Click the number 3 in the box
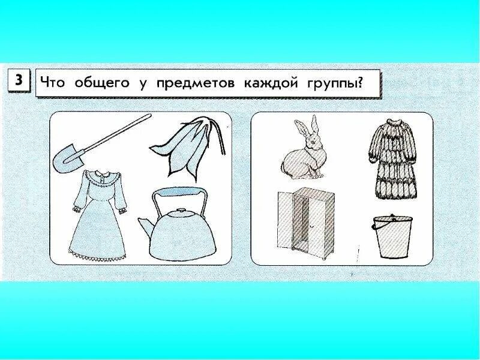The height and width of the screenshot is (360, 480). (x=19, y=81)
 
